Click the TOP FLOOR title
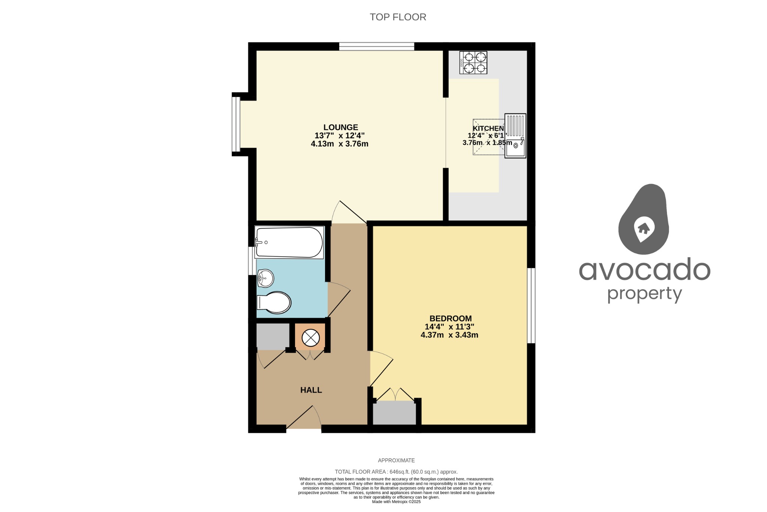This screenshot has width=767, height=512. coord(398,17)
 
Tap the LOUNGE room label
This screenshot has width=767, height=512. coord(340,127)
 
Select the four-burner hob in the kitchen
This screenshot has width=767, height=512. coord(473,63)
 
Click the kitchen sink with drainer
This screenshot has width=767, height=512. coord(515,136)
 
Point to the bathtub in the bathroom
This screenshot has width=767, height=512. coord(289,243)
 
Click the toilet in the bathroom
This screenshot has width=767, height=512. coord(275,302)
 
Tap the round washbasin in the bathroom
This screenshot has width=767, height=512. coord(266,278)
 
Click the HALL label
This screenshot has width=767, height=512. coord(311,390)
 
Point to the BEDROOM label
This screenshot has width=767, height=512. coord(450,319)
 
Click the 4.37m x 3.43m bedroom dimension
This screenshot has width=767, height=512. coord(449,335)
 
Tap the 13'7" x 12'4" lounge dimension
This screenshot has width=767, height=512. coord(339,136)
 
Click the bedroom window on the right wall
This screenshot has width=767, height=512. coord(531,305)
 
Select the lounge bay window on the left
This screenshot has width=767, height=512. coord(236,124)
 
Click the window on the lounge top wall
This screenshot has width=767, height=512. coord(376,46)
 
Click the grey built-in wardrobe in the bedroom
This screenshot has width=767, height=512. coord(394,413)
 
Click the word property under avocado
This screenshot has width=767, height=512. coord(644,294)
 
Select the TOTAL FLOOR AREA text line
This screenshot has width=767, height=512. coord(396,472)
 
